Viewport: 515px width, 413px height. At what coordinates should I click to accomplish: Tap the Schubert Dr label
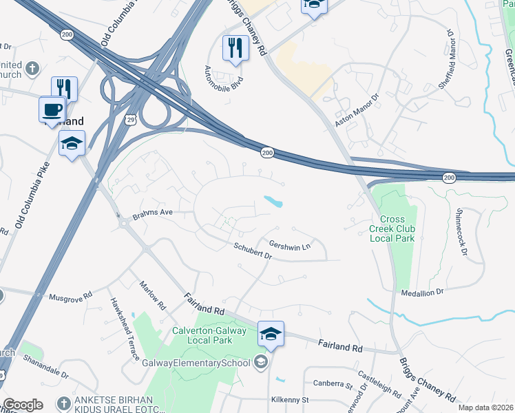[x=253, y=251]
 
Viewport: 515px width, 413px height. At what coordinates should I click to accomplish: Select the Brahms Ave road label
[x=152, y=213]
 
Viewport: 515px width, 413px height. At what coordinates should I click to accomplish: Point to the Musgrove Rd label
[x=70, y=297]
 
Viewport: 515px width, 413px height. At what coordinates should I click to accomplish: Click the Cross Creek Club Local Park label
[x=388, y=228]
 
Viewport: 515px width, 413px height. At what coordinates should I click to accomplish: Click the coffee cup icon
[x=52, y=109]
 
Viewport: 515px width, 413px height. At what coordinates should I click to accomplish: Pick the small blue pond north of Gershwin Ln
[x=273, y=202]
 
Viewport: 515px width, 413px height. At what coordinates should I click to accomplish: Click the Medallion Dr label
[x=423, y=292]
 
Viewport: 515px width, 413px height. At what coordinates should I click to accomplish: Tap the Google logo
[x=23, y=405]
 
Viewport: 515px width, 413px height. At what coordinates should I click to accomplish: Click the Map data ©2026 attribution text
[x=485, y=407]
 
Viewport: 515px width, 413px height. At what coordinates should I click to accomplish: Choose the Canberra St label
[x=333, y=384]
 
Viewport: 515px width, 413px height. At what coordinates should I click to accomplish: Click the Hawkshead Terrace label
[x=125, y=329]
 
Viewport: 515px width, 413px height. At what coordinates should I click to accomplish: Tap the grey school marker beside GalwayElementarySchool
[x=261, y=361]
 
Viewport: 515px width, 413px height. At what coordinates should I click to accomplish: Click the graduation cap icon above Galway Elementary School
[x=271, y=334]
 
